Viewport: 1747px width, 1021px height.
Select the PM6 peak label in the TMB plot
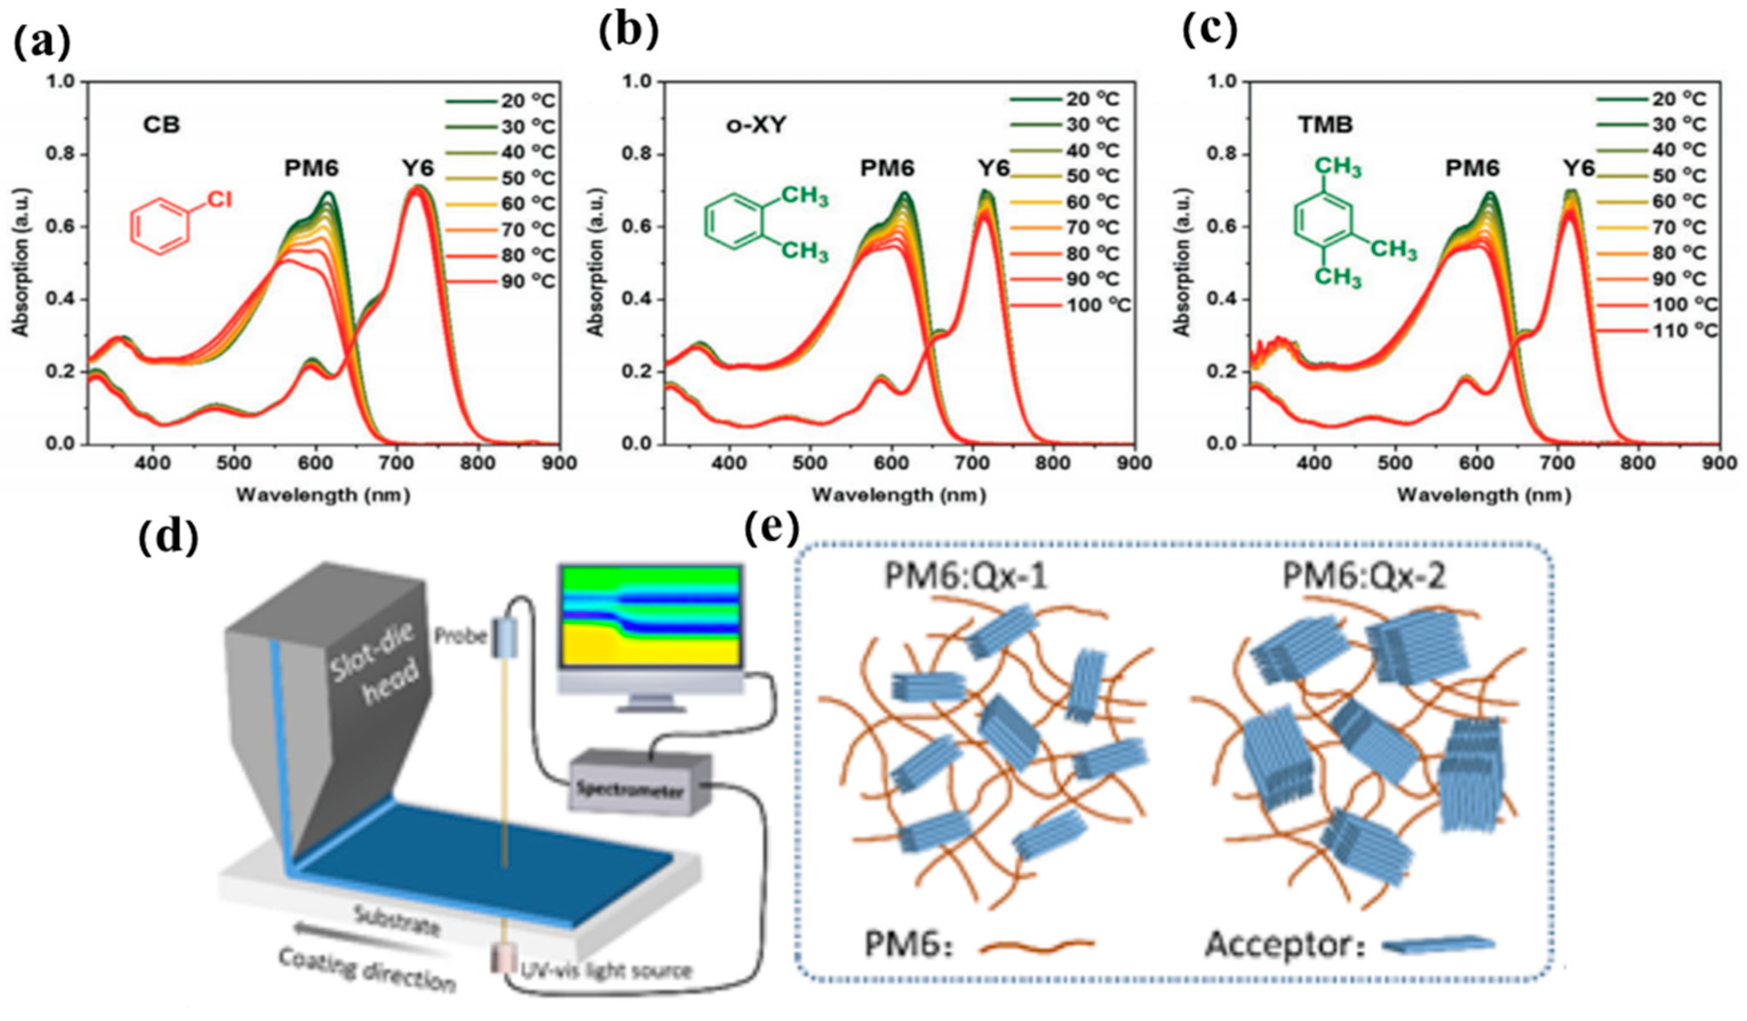click(x=1473, y=169)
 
